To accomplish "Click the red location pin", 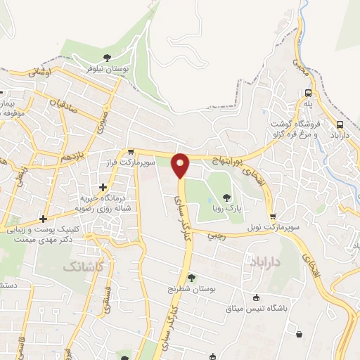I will [x=181, y=165].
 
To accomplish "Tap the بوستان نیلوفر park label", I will [x=108, y=70].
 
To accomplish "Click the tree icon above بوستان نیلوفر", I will [x=108, y=58].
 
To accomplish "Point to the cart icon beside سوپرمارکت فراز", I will [x=131, y=151].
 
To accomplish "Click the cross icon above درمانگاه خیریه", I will [x=103, y=187].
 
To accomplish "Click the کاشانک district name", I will [x=80, y=266].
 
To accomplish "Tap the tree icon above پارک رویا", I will [x=226, y=197].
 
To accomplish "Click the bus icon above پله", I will [x=308, y=93].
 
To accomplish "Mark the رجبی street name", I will [x=217, y=236].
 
